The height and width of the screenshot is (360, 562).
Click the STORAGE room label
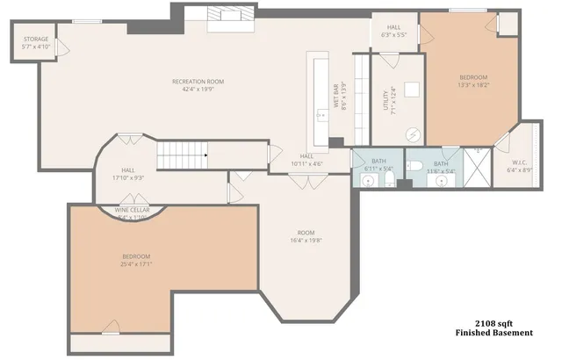[36, 39]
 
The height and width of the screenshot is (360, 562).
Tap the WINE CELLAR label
[133, 211]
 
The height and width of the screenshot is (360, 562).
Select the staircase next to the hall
[185, 155]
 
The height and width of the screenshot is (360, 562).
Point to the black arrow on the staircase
[205, 155]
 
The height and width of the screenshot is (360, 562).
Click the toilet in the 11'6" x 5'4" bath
[418, 166]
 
